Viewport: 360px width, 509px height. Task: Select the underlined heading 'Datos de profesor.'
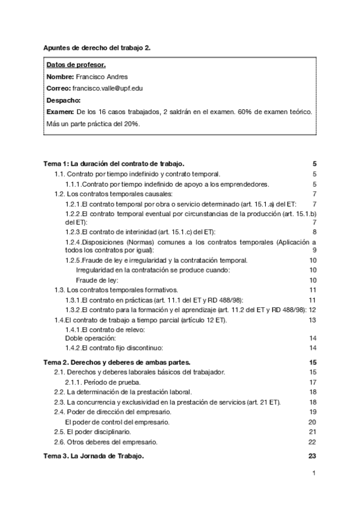[76, 65]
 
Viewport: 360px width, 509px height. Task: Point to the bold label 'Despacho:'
[63, 100]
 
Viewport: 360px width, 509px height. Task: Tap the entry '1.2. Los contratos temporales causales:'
[113, 194]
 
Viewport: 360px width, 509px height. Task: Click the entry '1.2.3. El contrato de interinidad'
[140, 232]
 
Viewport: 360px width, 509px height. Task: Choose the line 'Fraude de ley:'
[97, 280]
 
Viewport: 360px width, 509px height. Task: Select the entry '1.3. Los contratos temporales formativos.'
[116, 290]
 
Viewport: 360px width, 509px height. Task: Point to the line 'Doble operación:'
[90, 338]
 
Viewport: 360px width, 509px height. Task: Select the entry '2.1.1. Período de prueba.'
[103, 382]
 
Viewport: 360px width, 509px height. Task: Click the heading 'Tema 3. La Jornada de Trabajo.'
[94, 456]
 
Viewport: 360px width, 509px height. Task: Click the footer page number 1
[314, 473]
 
